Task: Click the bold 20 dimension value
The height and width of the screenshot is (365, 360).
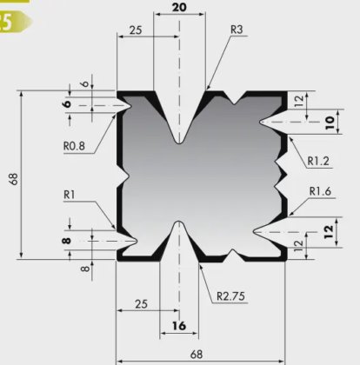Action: tap(179, 7)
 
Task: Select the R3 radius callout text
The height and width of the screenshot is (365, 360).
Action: tap(237, 30)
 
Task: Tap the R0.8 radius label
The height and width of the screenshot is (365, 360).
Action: tap(74, 146)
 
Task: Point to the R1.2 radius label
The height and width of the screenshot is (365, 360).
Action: tap(318, 161)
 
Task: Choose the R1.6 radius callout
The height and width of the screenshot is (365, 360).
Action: tap(320, 191)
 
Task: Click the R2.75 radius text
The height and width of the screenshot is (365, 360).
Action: tap(230, 296)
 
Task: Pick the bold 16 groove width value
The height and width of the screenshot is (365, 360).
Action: tap(179, 326)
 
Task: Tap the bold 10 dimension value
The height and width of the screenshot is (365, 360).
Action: tap(330, 123)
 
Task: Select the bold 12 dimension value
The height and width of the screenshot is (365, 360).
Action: tap(329, 232)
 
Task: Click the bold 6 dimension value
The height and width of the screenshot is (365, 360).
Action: tap(67, 103)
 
